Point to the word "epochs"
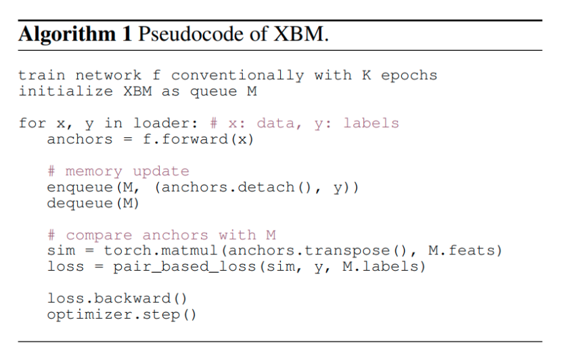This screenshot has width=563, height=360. click(409, 75)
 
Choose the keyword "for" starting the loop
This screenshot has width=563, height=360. click(32, 123)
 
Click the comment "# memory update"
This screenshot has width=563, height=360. click(118, 171)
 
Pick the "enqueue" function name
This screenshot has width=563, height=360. click(80, 187)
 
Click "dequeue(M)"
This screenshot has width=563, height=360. click(93, 202)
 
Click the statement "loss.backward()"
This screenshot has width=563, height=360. click(116, 298)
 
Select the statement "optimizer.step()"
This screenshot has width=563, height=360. click(121, 315)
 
